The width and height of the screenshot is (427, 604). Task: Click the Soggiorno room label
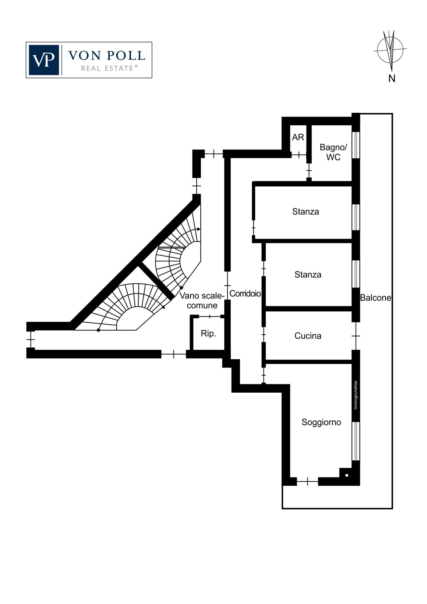coord(321,422)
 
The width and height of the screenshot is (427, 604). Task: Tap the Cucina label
coord(308,336)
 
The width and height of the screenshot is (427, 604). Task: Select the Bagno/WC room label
coord(333,152)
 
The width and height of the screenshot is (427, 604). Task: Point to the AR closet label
coord(298,137)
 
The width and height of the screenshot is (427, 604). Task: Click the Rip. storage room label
coord(209,334)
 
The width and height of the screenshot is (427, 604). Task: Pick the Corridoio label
coord(245,294)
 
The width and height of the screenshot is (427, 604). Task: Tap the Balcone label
coord(376,298)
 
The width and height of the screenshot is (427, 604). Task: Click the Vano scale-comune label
coord(202,300)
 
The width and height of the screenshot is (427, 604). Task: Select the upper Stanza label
coord(306,212)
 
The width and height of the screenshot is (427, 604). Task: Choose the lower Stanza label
coord(308,275)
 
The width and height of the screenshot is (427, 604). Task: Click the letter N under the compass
coord(392,79)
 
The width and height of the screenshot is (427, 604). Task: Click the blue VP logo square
coord(44,60)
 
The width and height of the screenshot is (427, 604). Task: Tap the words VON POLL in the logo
coord(107,56)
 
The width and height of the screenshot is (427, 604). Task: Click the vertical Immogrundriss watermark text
coord(356,395)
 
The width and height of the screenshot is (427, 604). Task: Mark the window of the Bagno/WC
coord(356,145)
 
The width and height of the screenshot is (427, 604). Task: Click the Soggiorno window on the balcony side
coord(356,441)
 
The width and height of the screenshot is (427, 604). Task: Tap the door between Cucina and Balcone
coord(356,336)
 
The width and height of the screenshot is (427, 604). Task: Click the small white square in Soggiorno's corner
coord(347,475)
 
